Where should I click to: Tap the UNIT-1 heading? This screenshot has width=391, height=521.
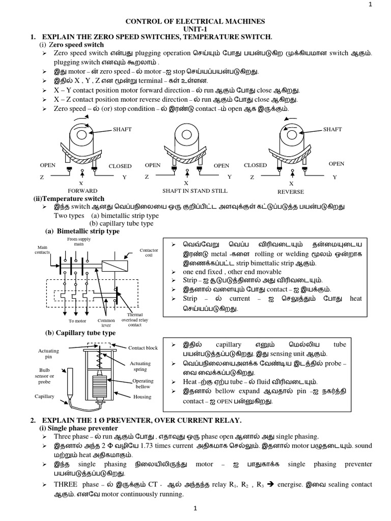(195, 29)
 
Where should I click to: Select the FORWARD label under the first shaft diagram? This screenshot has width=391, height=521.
(81, 191)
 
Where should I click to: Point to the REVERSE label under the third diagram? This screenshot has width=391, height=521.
(290, 192)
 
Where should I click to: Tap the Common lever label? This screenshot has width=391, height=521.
(106, 324)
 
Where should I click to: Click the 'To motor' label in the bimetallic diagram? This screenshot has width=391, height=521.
(77, 321)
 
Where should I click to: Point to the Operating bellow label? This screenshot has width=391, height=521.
(143, 384)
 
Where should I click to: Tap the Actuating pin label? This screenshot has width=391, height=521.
(49, 354)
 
